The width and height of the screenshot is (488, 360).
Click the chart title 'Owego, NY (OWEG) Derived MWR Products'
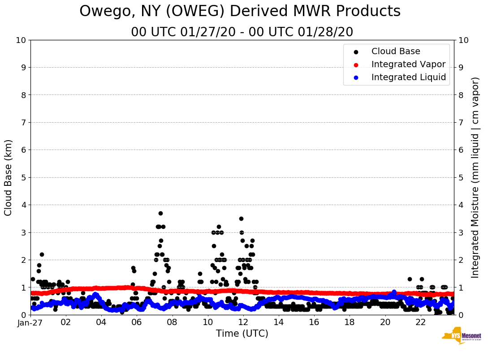[240, 12]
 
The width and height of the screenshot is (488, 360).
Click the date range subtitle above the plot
[242, 32]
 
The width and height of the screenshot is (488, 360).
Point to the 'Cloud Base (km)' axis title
[9, 177]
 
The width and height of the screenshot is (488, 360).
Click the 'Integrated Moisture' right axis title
[475, 177]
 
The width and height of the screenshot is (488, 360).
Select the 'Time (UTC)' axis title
[242, 334]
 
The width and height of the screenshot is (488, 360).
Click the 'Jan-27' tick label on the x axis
[30, 322]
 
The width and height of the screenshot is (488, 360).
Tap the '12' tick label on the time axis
[243, 322]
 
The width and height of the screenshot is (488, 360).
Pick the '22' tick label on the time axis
[420, 322]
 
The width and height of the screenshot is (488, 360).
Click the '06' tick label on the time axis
[137, 322]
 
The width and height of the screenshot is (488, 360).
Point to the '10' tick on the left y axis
[21, 40]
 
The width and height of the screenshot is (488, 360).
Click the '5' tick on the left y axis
[23, 177]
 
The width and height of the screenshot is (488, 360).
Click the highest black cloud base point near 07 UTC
[160, 213]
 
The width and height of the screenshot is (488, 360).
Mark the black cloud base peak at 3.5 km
[241, 219]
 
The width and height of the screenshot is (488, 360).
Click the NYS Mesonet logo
[461, 337]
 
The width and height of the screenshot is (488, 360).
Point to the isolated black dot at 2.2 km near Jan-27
[42, 254]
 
